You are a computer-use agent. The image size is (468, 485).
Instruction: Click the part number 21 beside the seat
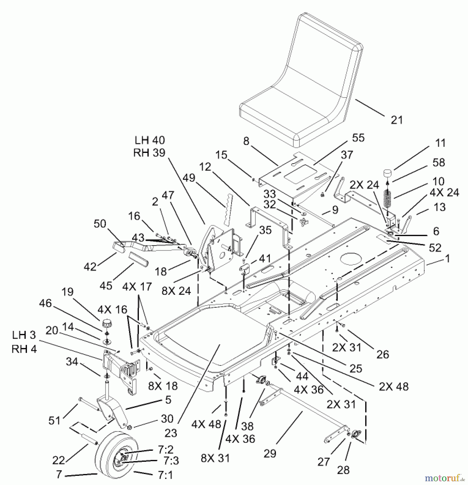(397, 120)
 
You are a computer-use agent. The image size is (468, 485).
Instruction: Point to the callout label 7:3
(165, 461)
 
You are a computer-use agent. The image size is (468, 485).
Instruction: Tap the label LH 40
(149, 140)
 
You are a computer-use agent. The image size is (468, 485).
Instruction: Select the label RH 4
(24, 349)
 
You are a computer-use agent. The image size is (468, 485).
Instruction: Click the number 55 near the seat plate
(358, 138)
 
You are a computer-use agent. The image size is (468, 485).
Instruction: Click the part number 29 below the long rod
(270, 453)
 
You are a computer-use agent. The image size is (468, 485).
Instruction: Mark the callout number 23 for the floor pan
(171, 433)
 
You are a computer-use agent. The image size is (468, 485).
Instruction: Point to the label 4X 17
(137, 286)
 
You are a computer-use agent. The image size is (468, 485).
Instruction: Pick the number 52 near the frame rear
(435, 248)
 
